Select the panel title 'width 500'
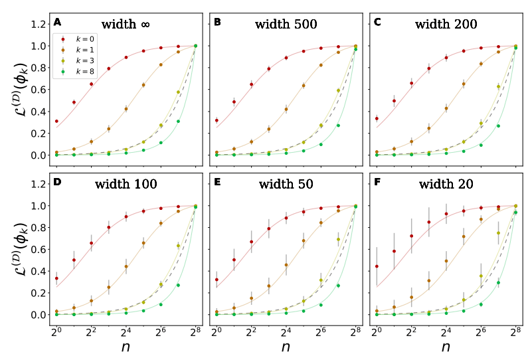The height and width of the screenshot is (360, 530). click(286, 25)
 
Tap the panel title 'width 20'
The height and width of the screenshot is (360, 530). click(448, 184)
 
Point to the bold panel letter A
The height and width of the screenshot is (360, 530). click(58, 22)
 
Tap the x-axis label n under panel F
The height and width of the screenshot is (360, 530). click(445, 347)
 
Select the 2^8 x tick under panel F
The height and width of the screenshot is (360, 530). click(515, 330)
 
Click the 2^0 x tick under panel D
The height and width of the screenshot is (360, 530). click(56, 330)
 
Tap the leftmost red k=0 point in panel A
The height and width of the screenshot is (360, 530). click(56, 122)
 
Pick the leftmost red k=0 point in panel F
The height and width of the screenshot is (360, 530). click(377, 266)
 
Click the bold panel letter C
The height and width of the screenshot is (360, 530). click(378, 22)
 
